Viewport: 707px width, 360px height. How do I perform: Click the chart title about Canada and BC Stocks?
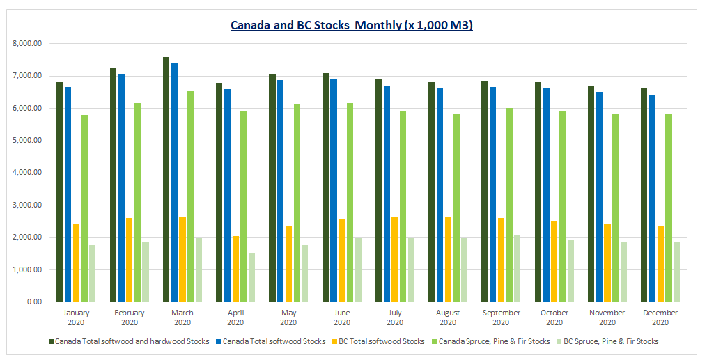tap(352, 26)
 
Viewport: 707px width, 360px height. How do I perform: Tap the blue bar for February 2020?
tap(121, 188)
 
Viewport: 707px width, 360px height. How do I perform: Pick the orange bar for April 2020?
tap(235, 269)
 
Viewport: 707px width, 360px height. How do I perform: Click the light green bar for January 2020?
tap(84, 208)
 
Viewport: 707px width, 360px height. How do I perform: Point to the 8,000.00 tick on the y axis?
tap(28, 43)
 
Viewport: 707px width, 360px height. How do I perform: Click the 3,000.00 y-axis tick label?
tap(28, 205)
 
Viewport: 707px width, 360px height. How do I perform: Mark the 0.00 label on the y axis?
tap(33, 302)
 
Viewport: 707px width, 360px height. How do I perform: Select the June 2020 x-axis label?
tap(341, 318)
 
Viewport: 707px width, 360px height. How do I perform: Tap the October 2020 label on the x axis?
tap(554, 318)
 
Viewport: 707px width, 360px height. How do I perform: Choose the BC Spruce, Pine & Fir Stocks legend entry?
tap(610, 341)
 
